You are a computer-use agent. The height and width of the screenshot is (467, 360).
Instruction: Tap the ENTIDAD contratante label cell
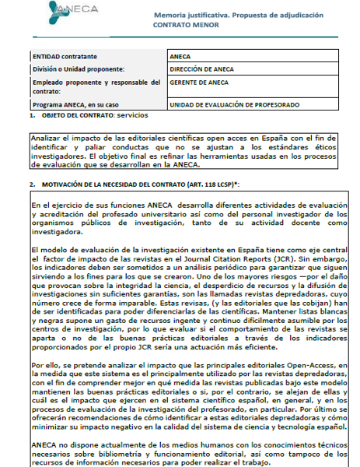pyautogui.click(x=65, y=57)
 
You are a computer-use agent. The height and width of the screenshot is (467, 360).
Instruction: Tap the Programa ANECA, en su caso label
pyautogui.click(x=74, y=105)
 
